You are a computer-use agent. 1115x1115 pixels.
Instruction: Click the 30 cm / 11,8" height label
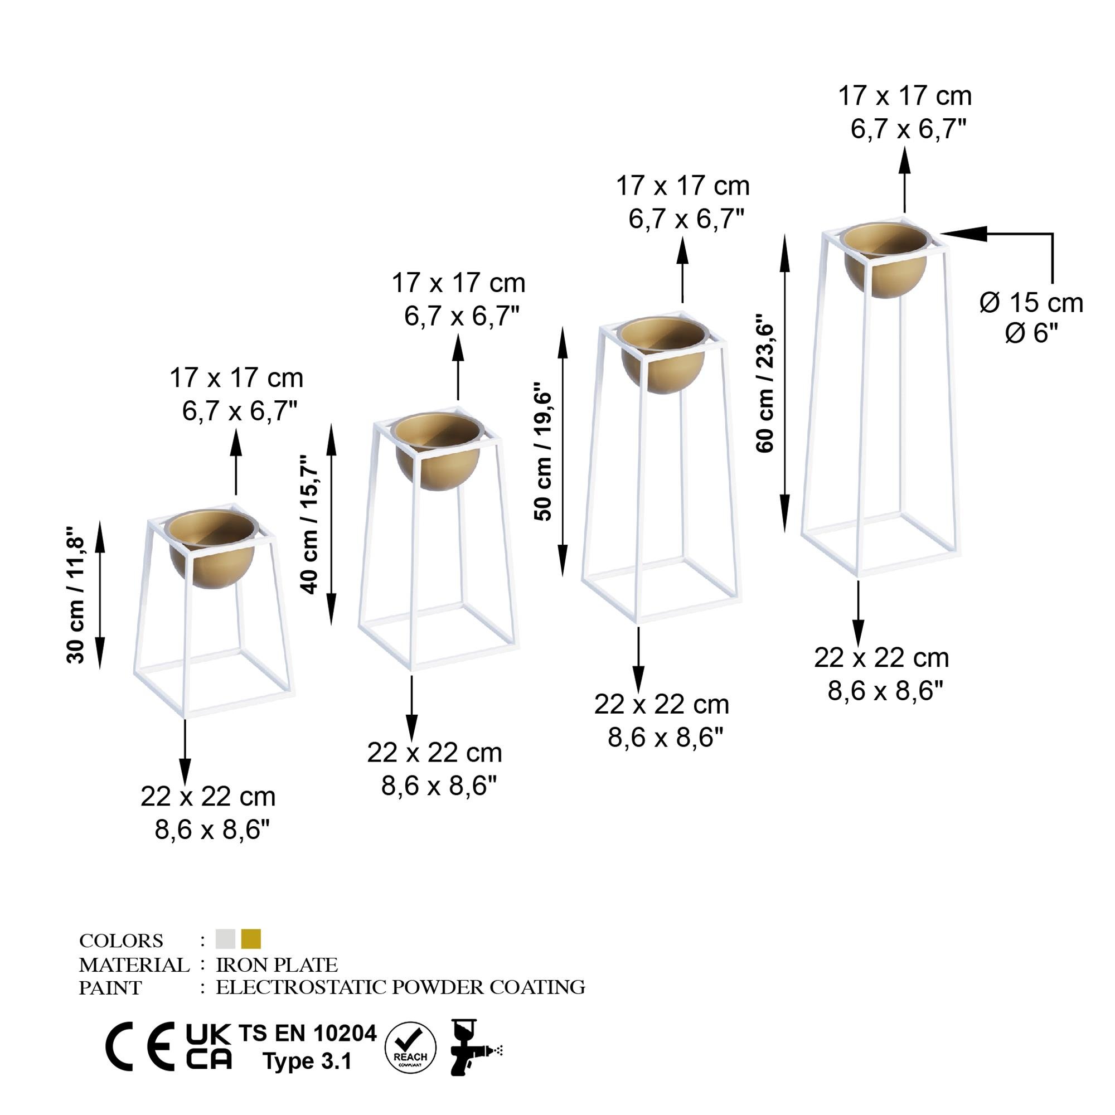click(x=76, y=595)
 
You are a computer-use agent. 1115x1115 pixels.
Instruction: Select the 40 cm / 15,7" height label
click(x=309, y=525)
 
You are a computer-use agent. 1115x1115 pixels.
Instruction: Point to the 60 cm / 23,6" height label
click(x=764, y=384)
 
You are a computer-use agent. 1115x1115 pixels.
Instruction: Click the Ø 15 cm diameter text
click(x=1031, y=303)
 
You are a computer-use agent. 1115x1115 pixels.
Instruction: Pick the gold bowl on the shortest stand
click(x=212, y=549)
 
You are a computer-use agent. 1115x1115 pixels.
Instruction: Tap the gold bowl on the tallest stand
click(x=885, y=260)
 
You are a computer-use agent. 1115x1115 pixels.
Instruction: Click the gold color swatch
click(x=251, y=939)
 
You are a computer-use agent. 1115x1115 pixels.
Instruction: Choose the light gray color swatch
click(x=226, y=939)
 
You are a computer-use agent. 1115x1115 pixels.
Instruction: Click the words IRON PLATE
click(x=277, y=965)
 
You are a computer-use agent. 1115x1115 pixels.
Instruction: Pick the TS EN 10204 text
click(x=308, y=1033)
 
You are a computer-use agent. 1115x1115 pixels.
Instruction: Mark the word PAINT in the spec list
click(x=110, y=988)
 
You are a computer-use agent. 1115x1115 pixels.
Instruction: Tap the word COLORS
click(x=121, y=941)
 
